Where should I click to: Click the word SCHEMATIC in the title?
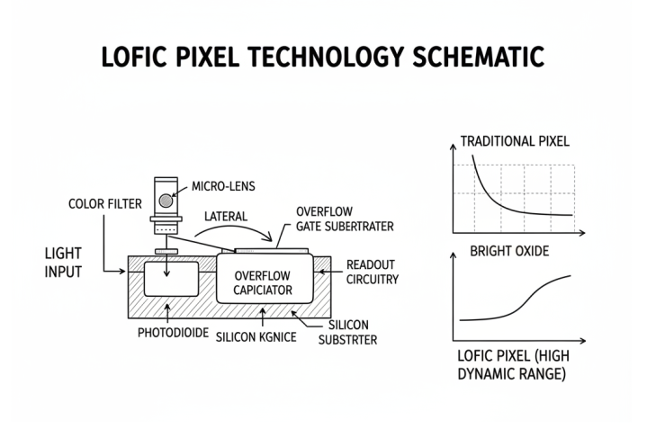tap(478, 57)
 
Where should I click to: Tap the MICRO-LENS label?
tap(223, 186)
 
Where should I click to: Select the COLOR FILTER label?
tap(104, 203)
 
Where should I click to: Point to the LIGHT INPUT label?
tap(63, 263)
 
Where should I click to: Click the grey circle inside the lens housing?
tap(166, 201)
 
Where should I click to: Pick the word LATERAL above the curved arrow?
tap(226, 217)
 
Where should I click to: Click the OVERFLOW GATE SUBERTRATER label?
tap(345, 219)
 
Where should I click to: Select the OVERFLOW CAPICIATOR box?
tap(265, 278)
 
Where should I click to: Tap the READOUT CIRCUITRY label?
tap(373, 272)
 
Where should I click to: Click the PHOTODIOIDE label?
tap(173, 333)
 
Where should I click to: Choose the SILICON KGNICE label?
tap(256, 337)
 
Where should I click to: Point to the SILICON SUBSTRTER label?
tap(348, 333)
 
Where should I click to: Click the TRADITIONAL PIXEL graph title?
tap(515, 141)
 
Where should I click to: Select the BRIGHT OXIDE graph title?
tap(509, 251)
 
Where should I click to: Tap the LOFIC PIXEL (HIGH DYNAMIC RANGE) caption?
tap(513, 364)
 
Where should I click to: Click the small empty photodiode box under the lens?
tap(171, 279)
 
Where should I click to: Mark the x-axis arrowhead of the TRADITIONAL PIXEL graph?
tap(582, 233)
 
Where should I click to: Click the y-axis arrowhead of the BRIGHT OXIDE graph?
tap(453, 255)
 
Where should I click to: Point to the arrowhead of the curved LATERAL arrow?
tap(269, 238)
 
